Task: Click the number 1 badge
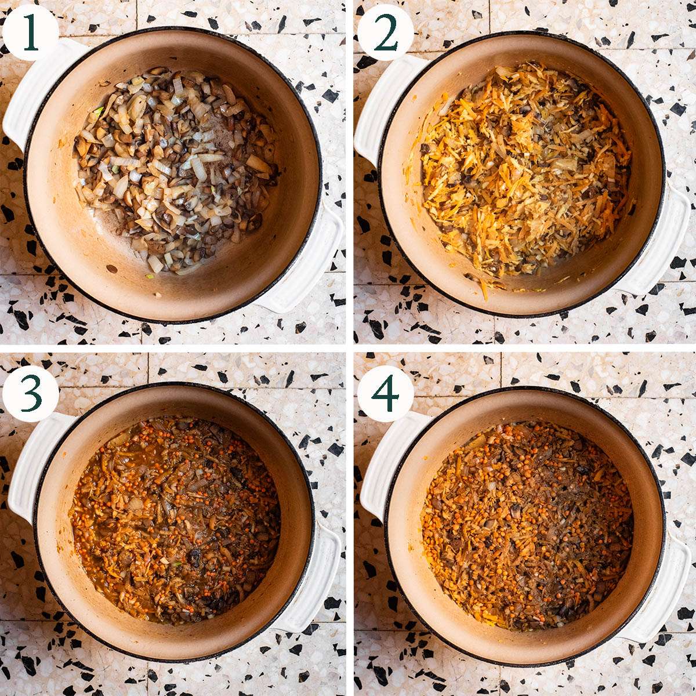[x=30, y=32]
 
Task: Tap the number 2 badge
[x=385, y=32]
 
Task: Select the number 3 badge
[x=30, y=393]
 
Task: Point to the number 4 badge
[x=385, y=393]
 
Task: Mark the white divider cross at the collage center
[x=349, y=348]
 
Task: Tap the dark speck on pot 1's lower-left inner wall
[x=112, y=269]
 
